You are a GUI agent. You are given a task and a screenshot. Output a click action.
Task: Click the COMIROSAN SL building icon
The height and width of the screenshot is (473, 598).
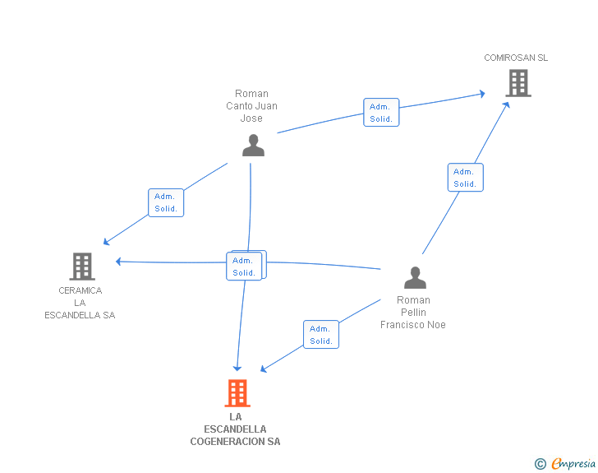pos(517,83)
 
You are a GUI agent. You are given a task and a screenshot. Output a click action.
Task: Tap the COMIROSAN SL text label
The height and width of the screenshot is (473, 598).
pos(515,58)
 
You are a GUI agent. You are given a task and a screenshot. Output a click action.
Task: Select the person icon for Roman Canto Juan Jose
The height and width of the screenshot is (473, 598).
pos(253,145)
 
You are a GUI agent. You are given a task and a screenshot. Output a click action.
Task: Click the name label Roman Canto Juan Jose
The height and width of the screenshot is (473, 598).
pos(251,105)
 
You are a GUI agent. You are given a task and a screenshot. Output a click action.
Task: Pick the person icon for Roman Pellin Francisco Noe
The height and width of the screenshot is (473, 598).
pos(415,278)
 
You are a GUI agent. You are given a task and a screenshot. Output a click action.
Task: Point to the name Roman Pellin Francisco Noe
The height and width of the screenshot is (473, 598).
pos(412,312)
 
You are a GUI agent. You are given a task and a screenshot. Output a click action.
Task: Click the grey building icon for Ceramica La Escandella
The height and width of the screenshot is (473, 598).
pos(81,267)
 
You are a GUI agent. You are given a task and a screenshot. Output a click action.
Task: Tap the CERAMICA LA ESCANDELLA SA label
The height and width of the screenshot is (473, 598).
pos(80,303)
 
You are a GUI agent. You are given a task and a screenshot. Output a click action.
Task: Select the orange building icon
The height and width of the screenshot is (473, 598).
pos(237,393)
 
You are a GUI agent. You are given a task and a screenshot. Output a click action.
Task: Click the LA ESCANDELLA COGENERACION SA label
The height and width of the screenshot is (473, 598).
pos(235,429)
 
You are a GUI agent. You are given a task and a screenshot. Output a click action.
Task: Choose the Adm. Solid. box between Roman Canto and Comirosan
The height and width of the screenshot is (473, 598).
pos(381,113)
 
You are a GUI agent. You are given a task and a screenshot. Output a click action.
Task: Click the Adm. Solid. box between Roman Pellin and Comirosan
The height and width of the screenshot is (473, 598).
pos(465,178)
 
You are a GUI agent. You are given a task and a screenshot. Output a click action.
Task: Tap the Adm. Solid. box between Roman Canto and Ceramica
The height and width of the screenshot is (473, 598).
pos(166,202)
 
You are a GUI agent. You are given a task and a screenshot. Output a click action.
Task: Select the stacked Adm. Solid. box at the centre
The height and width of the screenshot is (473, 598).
pos(245,266)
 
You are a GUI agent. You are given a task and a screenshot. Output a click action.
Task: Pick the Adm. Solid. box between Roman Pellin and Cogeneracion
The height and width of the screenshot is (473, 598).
pos(321,335)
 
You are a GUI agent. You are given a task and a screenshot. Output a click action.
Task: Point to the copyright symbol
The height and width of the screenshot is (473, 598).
pos(540,465)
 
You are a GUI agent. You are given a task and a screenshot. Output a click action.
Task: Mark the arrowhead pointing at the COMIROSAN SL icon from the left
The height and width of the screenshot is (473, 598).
pos(482,94)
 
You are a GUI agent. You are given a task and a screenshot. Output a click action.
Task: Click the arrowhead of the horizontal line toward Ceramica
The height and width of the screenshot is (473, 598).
pos(118,262)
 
